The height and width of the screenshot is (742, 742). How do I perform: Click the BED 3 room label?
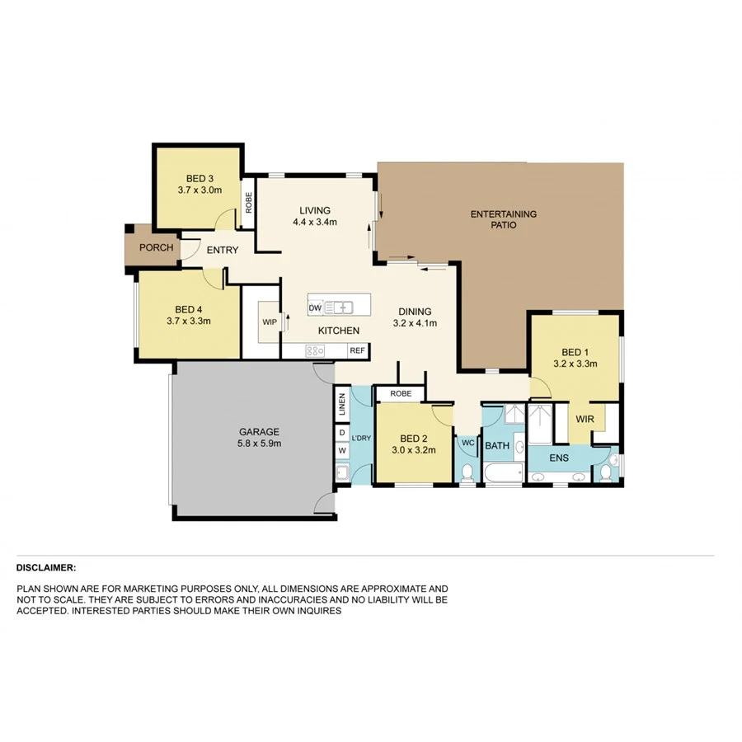[x=200, y=178]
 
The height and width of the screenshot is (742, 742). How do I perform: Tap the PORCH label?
[x=156, y=247]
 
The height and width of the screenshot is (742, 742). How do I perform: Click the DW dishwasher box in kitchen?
[x=314, y=308]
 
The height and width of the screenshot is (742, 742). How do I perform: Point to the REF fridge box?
[x=357, y=350]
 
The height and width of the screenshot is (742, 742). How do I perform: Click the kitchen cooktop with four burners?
[x=315, y=350]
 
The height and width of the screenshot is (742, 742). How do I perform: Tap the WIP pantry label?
[x=269, y=322]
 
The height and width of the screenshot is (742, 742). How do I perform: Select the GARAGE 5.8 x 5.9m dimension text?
[x=259, y=443]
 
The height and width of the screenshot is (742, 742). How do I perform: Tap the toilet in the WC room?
[x=467, y=472]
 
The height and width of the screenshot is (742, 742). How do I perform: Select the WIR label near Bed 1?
[x=585, y=419]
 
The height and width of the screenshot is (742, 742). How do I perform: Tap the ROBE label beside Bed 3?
[x=248, y=202]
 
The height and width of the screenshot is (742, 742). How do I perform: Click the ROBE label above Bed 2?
[x=401, y=394]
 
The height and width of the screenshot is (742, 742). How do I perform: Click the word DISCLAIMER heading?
[x=46, y=568]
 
